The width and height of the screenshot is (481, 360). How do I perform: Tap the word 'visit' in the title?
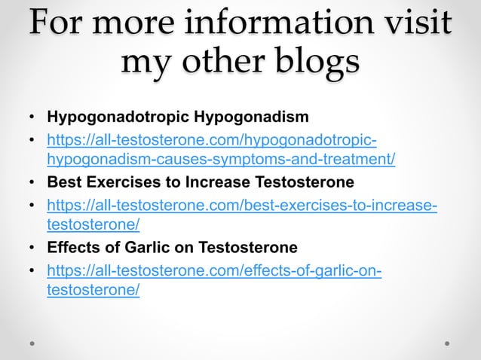(410, 26)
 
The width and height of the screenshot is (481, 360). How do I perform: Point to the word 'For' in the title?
(55, 26)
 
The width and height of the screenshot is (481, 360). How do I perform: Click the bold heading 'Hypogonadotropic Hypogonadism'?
(178, 117)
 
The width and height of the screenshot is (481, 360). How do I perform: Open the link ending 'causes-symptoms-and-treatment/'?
(221, 160)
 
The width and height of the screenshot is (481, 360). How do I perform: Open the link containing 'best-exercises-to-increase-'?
(241, 204)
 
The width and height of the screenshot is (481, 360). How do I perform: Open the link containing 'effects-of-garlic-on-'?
(213, 269)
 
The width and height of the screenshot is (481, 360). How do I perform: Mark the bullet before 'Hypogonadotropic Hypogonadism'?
(32, 118)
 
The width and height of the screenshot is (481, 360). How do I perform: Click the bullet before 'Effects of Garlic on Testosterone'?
(32, 248)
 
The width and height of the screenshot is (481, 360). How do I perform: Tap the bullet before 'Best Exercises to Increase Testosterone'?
(32, 183)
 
